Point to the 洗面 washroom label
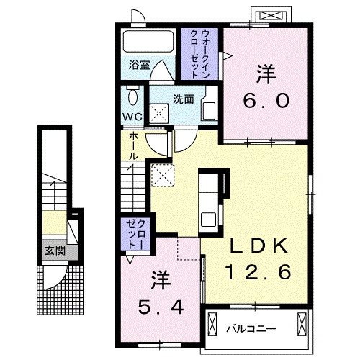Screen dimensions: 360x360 pyautogui.click(x=181, y=100)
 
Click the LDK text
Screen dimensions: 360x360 pyautogui.click(x=260, y=247)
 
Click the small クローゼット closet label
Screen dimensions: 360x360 pyautogui.click(x=137, y=235)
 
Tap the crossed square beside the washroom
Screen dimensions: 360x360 pyautogui.click(x=158, y=112)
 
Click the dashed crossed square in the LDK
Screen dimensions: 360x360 pyautogui.click(x=162, y=175)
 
